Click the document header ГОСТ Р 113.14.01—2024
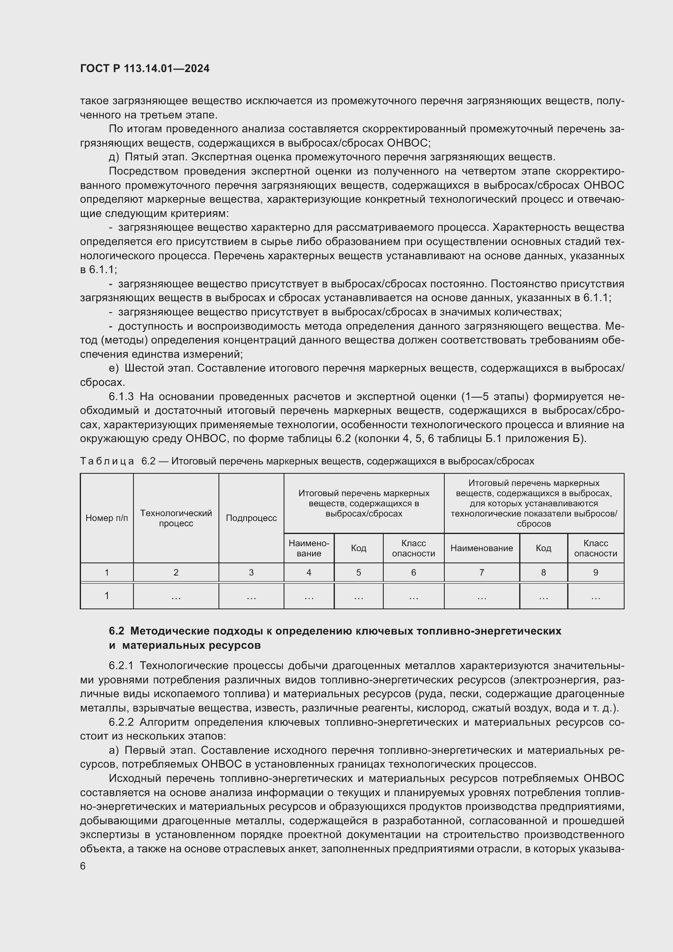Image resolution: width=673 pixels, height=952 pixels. (144, 69)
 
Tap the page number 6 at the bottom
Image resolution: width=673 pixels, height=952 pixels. (83, 866)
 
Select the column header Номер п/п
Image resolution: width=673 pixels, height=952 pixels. (107, 518)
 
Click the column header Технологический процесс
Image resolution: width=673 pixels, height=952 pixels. (176, 518)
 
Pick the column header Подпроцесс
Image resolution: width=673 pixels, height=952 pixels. (251, 518)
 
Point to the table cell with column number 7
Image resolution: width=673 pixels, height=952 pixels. (481, 572)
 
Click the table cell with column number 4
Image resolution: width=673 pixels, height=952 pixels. (309, 572)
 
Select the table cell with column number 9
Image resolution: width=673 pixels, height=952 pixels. (596, 572)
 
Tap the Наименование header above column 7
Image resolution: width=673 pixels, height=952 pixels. (481, 548)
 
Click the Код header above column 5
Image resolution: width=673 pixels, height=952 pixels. (358, 548)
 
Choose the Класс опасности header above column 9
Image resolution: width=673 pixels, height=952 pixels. (596, 548)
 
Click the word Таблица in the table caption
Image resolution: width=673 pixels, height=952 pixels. (107, 461)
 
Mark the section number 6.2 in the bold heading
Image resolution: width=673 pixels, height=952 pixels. (116, 631)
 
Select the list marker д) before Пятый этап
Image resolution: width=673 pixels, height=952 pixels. (114, 157)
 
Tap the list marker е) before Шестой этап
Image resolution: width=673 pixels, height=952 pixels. (114, 368)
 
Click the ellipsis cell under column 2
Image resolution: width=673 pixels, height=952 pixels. (176, 597)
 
